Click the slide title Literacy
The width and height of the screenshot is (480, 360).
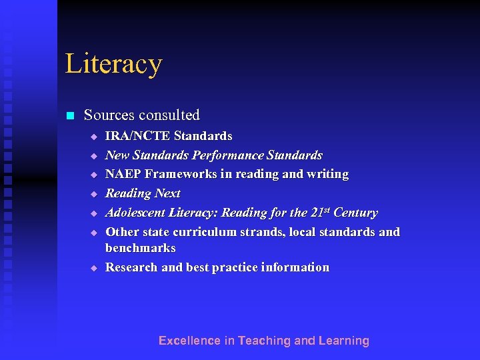click(113, 64)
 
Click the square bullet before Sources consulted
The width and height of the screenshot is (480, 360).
click(69, 116)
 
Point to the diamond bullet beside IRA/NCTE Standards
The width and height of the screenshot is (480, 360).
click(94, 137)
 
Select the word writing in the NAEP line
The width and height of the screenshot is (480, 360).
click(327, 174)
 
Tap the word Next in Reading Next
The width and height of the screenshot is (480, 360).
click(168, 193)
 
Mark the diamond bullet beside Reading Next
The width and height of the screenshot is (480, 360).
click(94, 194)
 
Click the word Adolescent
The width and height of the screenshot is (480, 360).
click(135, 213)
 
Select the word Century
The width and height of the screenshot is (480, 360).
click(355, 213)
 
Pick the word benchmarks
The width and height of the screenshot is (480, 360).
click(141, 248)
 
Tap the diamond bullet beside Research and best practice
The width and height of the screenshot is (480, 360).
click(94, 268)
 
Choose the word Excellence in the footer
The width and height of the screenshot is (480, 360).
click(189, 341)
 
